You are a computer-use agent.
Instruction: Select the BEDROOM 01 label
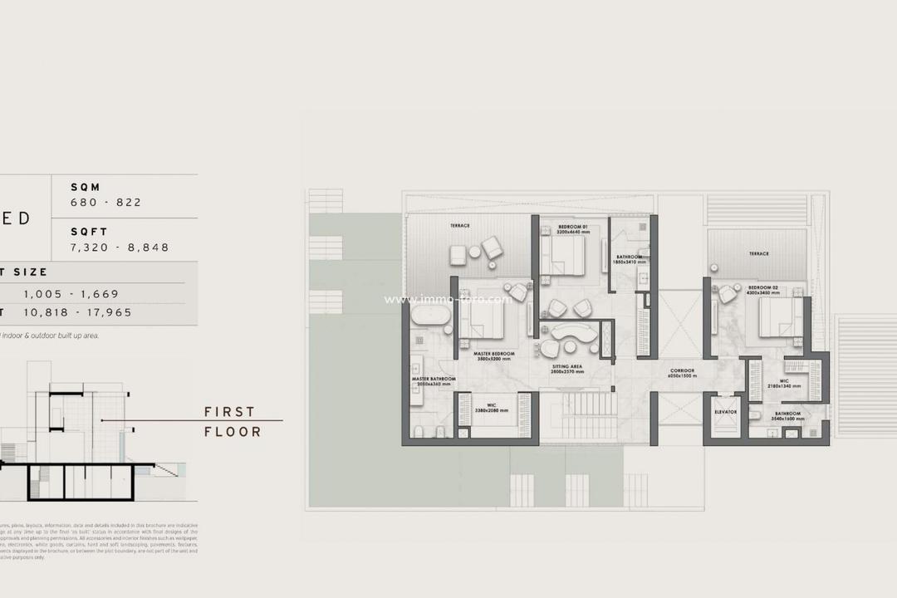click(573, 226)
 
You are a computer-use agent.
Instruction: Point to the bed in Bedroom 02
click(779, 316)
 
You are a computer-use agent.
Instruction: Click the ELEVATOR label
click(726, 412)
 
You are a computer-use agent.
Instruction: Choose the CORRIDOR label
click(682, 370)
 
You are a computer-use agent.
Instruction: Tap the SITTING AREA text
click(568, 366)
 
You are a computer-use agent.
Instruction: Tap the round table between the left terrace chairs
click(474, 251)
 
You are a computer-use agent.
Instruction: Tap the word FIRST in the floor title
click(230, 412)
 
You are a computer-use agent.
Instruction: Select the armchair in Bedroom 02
click(728, 294)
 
